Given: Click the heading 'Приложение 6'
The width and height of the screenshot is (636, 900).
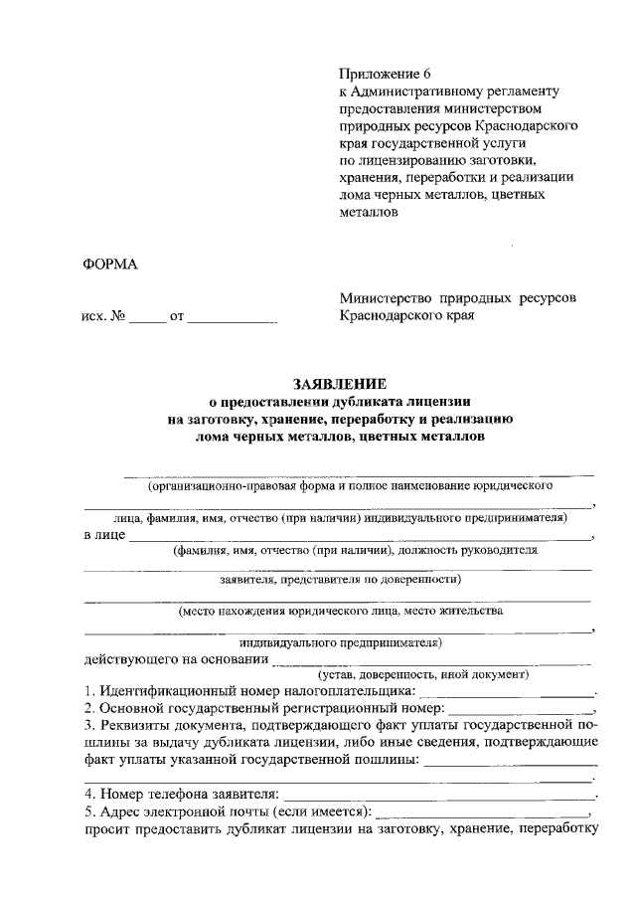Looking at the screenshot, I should point(387,75).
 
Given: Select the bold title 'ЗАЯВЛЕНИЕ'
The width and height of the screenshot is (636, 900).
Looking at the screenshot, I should point(339,383).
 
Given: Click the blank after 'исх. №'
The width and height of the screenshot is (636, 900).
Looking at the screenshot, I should point(147,321).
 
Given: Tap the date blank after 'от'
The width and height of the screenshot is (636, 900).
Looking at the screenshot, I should point(233,321).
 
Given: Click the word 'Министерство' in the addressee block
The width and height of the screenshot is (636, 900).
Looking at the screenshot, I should point(388,297).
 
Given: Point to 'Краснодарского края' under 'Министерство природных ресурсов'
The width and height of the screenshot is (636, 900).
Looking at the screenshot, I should point(407,316).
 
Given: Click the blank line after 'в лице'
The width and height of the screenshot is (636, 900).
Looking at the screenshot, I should point(358,537).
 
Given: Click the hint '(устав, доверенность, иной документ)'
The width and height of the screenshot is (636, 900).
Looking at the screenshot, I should point(416,674).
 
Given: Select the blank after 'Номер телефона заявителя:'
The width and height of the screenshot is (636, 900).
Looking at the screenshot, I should point(437,797).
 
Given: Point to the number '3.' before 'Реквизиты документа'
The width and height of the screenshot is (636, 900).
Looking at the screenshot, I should point(89,726).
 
